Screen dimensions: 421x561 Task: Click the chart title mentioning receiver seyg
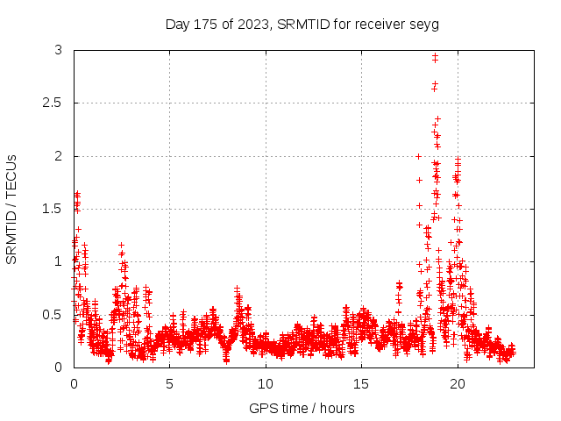pyautogui.click(x=302, y=24)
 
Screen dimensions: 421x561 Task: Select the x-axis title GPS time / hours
pyautogui.click(x=302, y=408)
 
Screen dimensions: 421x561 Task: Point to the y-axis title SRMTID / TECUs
pyautogui.click(x=11, y=209)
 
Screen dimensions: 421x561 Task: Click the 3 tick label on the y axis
pyautogui.click(x=58, y=51)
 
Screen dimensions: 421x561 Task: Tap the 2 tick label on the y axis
pyautogui.click(x=58, y=156)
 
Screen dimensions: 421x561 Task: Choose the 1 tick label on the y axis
pyautogui.click(x=58, y=261)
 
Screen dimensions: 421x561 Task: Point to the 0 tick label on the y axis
pyautogui.click(x=58, y=367)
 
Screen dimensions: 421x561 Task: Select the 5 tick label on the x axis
pyautogui.click(x=170, y=383)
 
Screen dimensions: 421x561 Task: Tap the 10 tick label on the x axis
pyautogui.click(x=266, y=383)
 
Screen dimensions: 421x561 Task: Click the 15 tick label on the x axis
pyautogui.click(x=362, y=383)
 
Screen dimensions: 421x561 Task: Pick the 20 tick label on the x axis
pyautogui.click(x=458, y=383)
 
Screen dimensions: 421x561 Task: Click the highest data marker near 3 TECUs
pyautogui.click(x=435, y=56)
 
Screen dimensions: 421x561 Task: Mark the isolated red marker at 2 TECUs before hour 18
pyautogui.click(x=418, y=156)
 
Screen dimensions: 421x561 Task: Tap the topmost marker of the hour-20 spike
pyautogui.click(x=458, y=159)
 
